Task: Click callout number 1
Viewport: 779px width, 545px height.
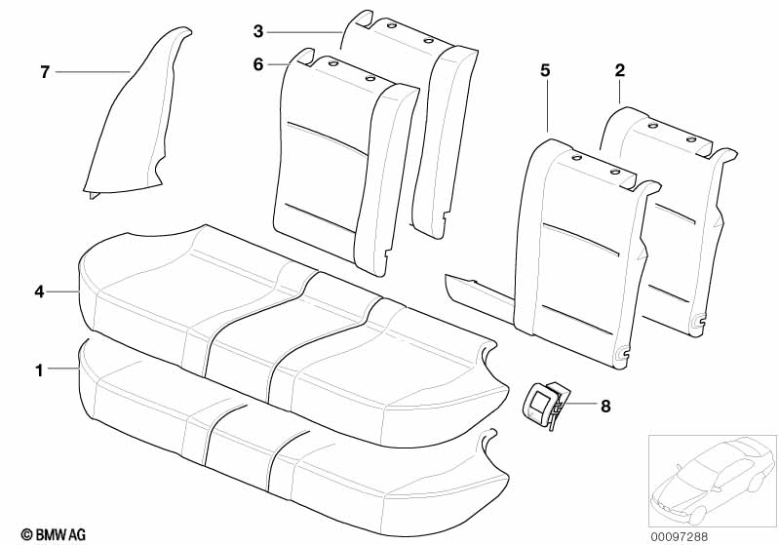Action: (x=39, y=370)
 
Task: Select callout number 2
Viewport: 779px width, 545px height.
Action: (x=620, y=70)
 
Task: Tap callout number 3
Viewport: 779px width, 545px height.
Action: (x=258, y=31)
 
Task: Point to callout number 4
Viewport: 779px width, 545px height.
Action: (x=39, y=291)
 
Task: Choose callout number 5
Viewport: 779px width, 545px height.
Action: (x=545, y=70)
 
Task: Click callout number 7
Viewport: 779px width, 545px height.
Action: (x=44, y=72)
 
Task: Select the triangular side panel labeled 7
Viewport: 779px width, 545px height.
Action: (x=132, y=127)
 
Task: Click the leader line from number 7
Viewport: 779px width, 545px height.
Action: (x=93, y=72)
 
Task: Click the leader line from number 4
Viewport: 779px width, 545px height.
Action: (x=62, y=291)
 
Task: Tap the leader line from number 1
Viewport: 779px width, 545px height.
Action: (x=62, y=370)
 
